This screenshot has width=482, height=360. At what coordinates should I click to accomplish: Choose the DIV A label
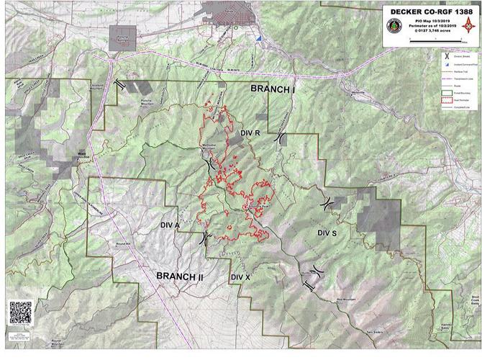[170, 225]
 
